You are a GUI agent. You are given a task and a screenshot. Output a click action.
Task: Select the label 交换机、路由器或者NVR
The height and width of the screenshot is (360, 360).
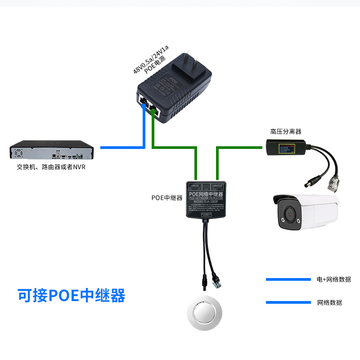pos(51,167)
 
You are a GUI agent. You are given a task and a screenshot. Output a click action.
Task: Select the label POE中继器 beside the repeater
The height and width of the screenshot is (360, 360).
pos(167,198)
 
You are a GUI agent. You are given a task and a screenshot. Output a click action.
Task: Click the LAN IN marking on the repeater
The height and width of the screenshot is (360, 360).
pos(195,185)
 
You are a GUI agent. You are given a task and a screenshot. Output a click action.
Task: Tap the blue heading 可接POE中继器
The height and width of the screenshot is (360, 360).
pos(71,296)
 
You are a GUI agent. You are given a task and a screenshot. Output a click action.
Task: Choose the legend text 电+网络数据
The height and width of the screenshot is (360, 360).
pos(333,279)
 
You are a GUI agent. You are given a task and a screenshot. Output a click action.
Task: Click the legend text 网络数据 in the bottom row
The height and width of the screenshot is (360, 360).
pos(330,302)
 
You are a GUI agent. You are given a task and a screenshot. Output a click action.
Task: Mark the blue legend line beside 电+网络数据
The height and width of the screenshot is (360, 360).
pos(288,279)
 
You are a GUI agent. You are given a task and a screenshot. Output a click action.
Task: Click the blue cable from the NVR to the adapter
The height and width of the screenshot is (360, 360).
pos(121,147)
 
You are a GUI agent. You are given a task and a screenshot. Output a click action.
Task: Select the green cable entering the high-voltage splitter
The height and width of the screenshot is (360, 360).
pos(243,147)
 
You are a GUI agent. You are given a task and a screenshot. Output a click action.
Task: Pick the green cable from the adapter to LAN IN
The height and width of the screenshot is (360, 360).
pos(175,147)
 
